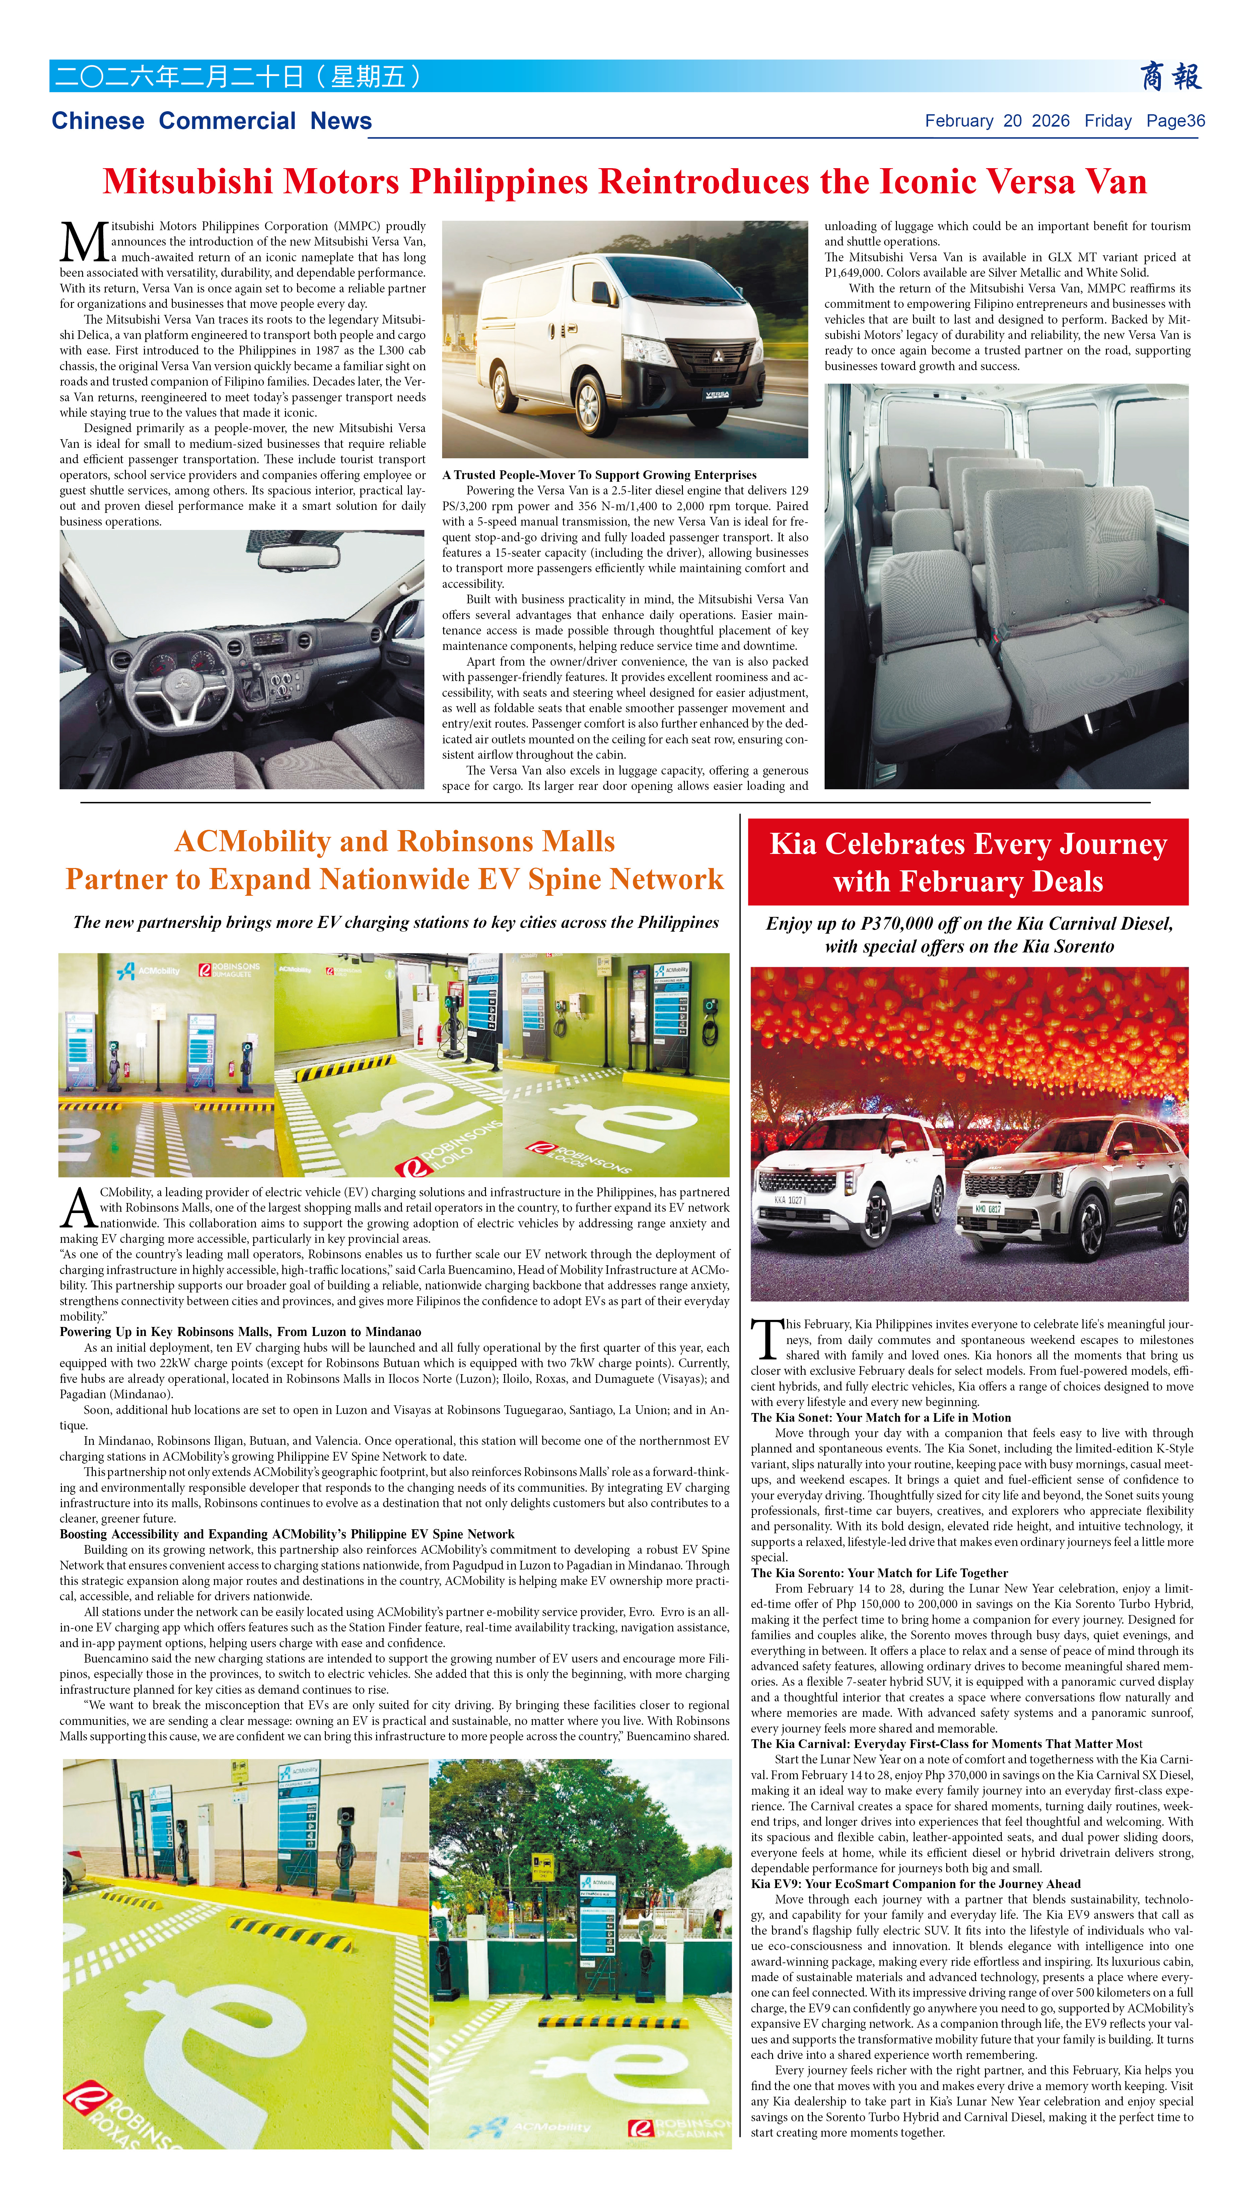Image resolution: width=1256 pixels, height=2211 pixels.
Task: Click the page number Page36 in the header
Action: [x=1175, y=121]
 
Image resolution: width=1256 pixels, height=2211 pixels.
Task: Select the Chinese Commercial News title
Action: [x=211, y=121]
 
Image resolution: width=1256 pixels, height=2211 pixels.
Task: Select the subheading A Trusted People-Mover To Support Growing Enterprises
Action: [x=599, y=474]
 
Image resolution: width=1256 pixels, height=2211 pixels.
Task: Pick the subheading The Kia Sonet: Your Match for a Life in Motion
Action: [x=881, y=1417]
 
